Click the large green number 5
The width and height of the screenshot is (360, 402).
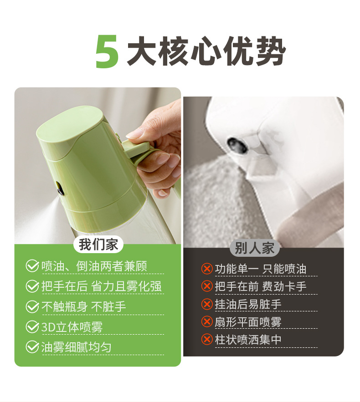coord(108,52)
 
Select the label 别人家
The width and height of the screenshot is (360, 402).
coord(255,248)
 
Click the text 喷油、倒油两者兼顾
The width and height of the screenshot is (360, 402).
coord(94,266)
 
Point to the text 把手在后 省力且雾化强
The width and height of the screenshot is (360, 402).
coord(101,286)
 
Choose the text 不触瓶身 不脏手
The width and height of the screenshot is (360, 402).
coord(83,307)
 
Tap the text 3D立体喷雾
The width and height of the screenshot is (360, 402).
coord(72,327)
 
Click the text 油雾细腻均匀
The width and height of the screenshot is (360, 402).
coord(76,347)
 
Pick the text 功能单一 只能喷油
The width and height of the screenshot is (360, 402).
coord(260,269)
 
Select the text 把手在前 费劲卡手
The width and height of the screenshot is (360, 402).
coord(260,286)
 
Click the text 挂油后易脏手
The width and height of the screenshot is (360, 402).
coord(248,304)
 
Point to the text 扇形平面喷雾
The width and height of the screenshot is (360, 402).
coord(248,322)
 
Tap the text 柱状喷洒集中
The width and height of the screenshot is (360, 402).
coord(248,340)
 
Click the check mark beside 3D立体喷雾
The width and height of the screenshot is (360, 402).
coord(32,327)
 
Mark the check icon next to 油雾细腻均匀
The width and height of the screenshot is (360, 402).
coord(32,347)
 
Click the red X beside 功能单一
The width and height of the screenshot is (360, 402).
coord(207,269)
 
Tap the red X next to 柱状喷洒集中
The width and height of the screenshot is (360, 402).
coord(207,340)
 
